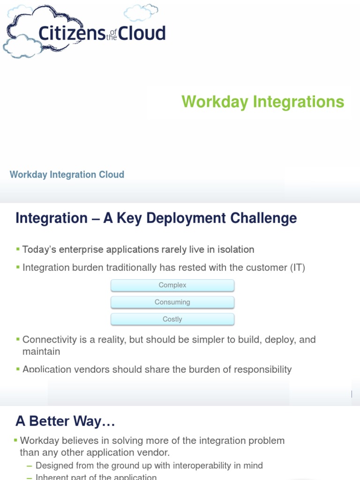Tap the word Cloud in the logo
[142, 33]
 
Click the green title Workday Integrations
[262, 102]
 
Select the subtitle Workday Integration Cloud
[67, 175]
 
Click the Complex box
[172, 285]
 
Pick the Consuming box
[172, 302]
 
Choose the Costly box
[172, 319]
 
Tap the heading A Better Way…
[65, 421]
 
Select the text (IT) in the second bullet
[297, 268]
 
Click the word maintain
[41, 351]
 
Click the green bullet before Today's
[18, 249]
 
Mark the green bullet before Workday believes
[15, 440]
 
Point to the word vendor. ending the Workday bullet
[155, 452]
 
